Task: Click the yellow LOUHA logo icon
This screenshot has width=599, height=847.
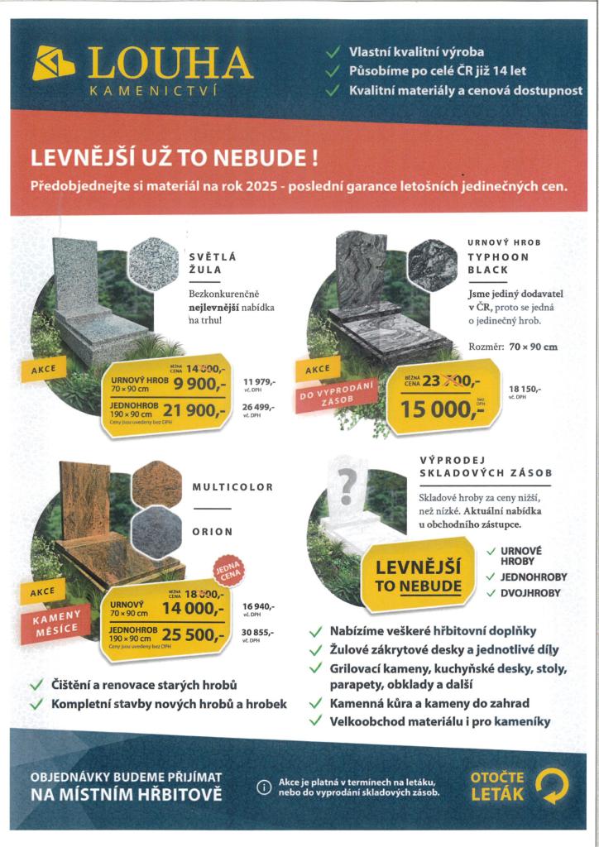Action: tap(53, 64)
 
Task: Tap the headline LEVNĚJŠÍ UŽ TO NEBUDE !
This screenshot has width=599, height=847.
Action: tap(174, 156)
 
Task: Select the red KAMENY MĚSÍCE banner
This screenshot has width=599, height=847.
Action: tap(57, 621)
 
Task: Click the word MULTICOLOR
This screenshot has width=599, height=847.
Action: tap(232, 487)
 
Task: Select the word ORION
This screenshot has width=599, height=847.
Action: tap(213, 532)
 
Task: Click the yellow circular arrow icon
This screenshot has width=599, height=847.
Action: tap(551, 786)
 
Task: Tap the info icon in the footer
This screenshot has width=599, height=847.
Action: tap(264, 787)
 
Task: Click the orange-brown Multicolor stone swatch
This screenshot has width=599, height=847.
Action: tap(154, 481)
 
